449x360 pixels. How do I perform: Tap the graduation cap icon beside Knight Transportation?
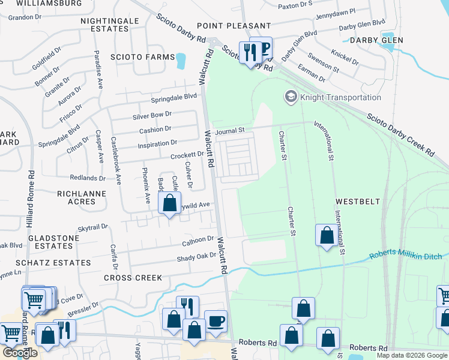pos(291,97)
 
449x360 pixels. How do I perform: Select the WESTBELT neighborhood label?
pos(357,202)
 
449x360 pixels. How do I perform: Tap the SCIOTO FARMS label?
pos(140,58)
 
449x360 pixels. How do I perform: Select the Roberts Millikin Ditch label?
pos(405,256)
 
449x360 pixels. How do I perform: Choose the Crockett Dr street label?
pos(187,155)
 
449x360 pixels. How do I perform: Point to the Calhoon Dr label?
pos(198,241)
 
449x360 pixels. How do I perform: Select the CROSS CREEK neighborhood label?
pos(133,278)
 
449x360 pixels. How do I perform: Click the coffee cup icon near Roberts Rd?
pos(216,321)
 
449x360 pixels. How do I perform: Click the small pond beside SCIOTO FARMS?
pos(180,60)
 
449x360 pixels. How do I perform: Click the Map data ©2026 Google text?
pos(412,355)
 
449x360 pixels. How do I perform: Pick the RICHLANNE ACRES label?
pos(82,197)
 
